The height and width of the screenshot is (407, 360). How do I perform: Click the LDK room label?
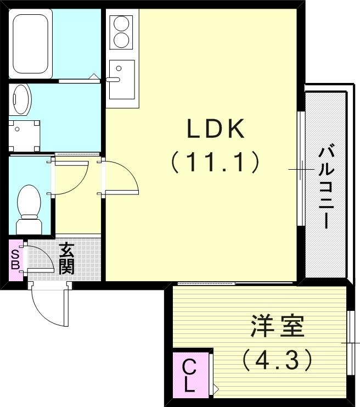click(x=215, y=130)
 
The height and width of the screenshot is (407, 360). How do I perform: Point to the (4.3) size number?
click(x=277, y=359)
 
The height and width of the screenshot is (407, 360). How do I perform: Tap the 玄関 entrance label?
click(x=66, y=259)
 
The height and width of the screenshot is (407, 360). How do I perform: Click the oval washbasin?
click(x=21, y=99)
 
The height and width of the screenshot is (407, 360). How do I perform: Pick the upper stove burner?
click(x=121, y=24)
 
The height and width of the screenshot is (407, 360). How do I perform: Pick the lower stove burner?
click(x=121, y=40)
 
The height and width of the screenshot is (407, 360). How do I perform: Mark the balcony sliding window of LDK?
click(x=300, y=168)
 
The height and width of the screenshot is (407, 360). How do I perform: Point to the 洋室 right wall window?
click(x=350, y=343)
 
